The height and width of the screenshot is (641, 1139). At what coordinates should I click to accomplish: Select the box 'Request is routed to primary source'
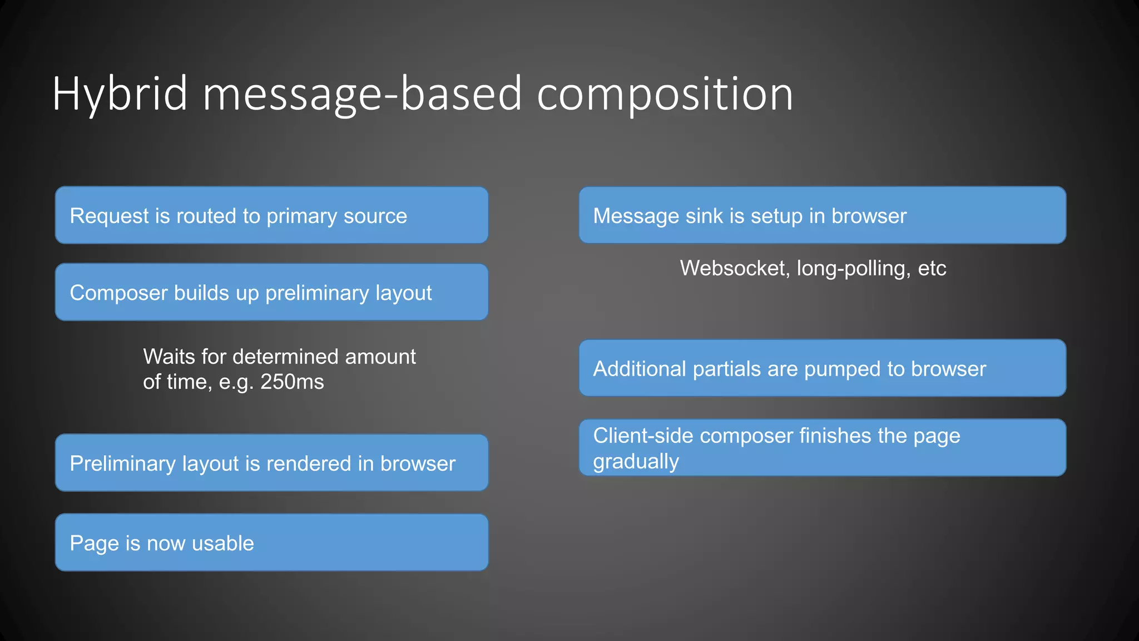(x=271, y=215)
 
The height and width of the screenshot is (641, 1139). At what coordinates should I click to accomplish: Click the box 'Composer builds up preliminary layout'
(x=271, y=293)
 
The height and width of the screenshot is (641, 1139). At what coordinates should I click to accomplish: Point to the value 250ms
(x=292, y=382)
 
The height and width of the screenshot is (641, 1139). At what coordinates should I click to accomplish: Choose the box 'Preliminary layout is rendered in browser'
(x=271, y=463)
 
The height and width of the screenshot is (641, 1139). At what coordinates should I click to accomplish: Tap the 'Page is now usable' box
(x=271, y=543)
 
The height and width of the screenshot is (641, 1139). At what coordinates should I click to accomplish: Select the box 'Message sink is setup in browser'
(x=822, y=215)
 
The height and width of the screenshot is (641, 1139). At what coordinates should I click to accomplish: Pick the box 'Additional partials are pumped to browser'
(x=822, y=368)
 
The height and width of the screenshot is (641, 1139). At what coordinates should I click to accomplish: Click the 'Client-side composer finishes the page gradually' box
(x=822, y=448)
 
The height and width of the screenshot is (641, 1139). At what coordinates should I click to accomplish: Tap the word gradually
(x=636, y=462)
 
